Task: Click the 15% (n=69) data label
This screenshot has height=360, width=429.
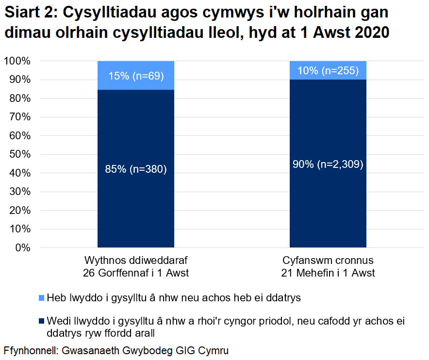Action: (x=136, y=76)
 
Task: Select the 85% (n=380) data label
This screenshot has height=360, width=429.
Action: (x=136, y=169)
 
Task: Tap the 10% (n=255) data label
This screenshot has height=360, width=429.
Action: (x=328, y=71)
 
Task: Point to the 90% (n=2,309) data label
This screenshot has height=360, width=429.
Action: (x=328, y=164)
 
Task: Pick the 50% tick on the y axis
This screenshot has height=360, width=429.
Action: (x=19, y=155)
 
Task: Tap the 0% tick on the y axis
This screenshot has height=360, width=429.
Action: (x=21, y=248)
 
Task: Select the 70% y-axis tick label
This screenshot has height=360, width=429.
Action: (x=19, y=117)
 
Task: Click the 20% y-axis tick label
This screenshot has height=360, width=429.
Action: (x=19, y=211)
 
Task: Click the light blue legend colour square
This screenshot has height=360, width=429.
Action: (x=41, y=298)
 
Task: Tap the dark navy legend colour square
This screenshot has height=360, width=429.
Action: (x=41, y=321)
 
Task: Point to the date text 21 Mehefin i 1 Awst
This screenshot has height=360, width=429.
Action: (x=328, y=273)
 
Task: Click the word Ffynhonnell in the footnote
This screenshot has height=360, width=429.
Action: (x=30, y=350)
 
